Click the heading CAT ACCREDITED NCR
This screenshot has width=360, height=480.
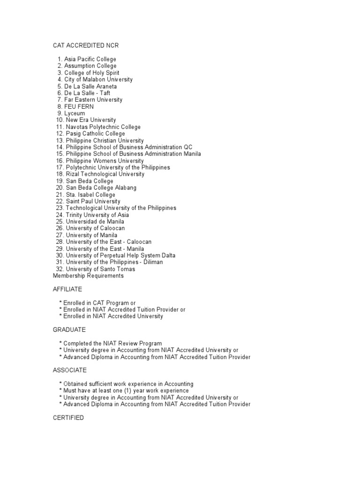[x=89, y=45]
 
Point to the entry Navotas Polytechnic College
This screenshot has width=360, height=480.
[x=103, y=127]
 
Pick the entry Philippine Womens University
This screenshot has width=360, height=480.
[x=105, y=161]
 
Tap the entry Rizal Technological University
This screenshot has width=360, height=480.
[x=105, y=174]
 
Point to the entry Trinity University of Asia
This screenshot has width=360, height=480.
[x=97, y=215]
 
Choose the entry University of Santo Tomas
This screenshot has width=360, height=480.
[x=100, y=269]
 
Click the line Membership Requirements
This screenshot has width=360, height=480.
[x=88, y=276]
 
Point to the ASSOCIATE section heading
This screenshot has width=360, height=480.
[x=69, y=370]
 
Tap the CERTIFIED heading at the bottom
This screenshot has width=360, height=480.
[x=68, y=418]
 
